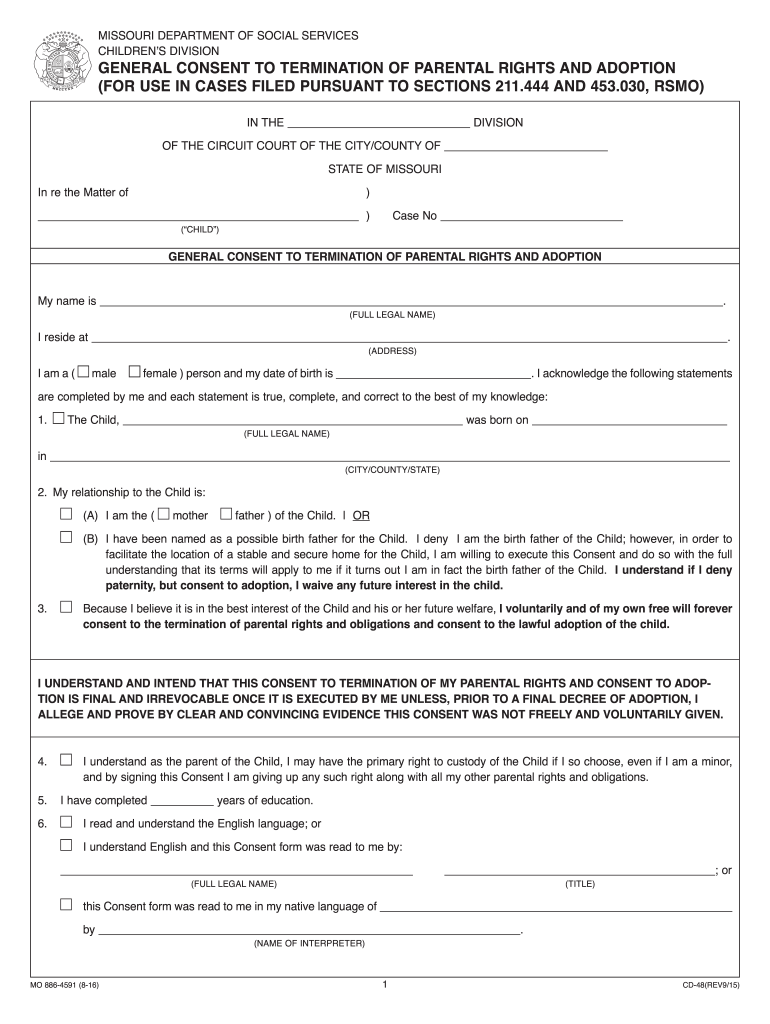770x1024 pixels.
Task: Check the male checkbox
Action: tap(83, 373)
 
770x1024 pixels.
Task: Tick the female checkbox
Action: tap(135, 373)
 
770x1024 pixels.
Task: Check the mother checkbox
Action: tap(165, 515)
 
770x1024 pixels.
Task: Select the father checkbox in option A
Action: tap(226, 515)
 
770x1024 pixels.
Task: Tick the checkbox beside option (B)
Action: tap(66, 538)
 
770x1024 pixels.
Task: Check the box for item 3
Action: tap(66, 607)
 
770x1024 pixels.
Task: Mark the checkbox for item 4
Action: tap(66, 761)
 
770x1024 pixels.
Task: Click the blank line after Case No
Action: tap(531, 217)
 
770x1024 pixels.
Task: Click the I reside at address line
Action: tap(410, 338)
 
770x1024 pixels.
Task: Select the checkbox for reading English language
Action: tap(66, 823)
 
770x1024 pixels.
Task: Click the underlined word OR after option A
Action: tap(361, 516)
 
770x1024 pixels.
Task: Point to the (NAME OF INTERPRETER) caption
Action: tap(309, 943)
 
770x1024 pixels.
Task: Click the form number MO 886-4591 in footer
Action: tap(65, 987)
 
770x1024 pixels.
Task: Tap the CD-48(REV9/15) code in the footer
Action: tap(711, 987)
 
